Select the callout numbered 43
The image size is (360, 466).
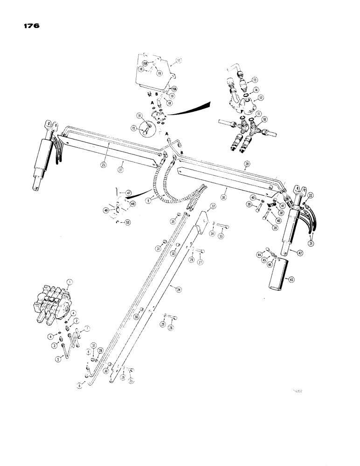point(291,280)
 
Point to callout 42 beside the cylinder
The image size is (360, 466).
point(296,252)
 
